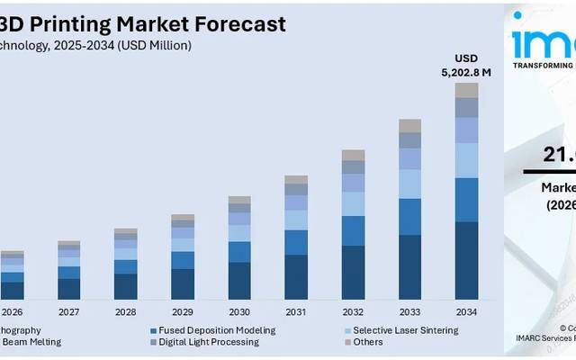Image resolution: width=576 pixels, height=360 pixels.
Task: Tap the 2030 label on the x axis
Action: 239,312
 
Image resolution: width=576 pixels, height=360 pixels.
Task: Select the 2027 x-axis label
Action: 69,312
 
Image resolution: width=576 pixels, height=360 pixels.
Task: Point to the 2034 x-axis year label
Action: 466,312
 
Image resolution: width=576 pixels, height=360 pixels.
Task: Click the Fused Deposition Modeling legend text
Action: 217,330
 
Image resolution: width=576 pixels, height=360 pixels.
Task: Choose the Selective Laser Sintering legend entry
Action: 406,330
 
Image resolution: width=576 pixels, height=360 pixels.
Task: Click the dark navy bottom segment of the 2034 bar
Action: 466,260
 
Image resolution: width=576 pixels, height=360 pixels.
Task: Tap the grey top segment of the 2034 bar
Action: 466,90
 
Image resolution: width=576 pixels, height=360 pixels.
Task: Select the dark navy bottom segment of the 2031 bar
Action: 296,276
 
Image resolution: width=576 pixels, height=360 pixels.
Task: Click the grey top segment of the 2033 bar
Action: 409,126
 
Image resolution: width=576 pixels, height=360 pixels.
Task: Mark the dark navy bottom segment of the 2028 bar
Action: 126,286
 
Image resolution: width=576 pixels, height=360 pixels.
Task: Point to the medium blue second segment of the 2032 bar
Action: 353,230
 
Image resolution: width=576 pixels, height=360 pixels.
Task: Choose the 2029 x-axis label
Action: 183,312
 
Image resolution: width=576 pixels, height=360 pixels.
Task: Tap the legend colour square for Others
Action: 346,342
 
